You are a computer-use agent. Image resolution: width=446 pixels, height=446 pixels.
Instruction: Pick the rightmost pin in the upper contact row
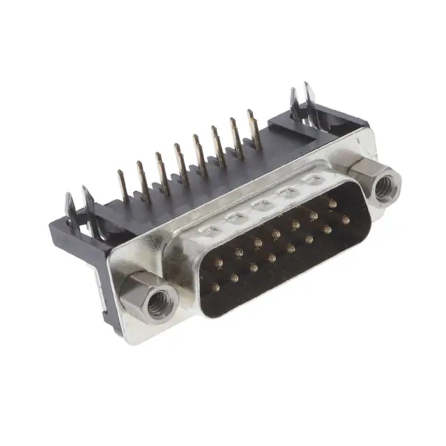tap(332, 204)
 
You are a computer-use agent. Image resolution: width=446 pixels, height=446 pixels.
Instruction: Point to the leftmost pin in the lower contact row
tap(215, 287)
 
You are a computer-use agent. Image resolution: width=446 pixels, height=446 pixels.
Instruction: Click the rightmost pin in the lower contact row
tap(346, 220)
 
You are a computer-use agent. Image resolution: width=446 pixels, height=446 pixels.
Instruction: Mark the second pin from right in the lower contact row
tap(327, 229)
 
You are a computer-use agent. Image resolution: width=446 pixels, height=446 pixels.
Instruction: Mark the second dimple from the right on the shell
tap(286, 193)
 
